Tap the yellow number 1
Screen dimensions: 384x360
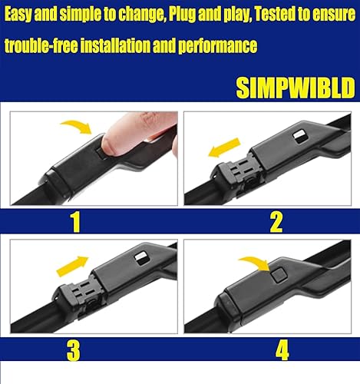pyautogui.click(x=75, y=221)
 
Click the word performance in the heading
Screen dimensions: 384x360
pyautogui.click(x=217, y=47)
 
